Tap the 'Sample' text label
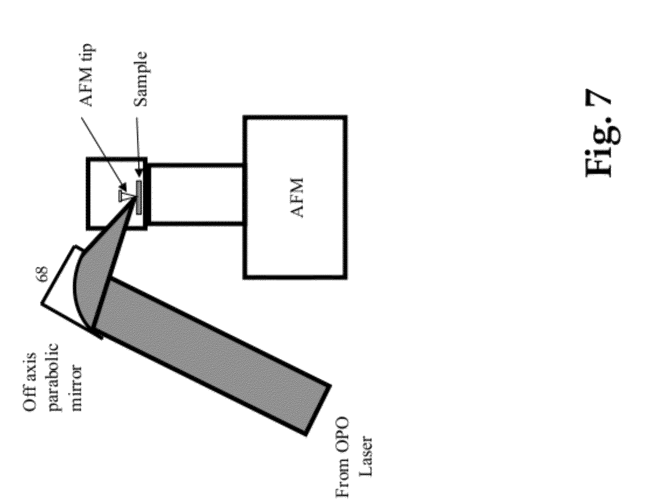(x=141, y=80)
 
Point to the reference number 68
(x=44, y=274)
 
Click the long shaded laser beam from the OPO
(x=209, y=355)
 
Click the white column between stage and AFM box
(x=196, y=194)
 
